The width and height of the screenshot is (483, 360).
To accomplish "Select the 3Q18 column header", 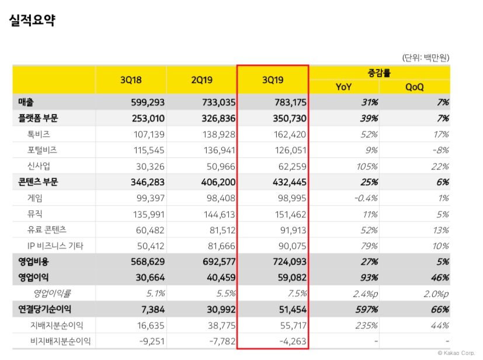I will [x=131, y=80].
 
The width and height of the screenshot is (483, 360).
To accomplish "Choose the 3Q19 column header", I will [x=273, y=80].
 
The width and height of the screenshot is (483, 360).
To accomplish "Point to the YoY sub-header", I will [x=344, y=87].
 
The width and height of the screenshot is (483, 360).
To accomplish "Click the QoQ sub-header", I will [x=415, y=87].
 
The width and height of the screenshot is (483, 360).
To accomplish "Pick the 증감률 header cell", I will [x=380, y=72].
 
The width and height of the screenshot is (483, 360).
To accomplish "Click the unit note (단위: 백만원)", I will [x=425, y=57].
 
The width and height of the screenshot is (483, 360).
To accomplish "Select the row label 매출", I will [x=26, y=102].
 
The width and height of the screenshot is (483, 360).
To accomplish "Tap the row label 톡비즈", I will [x=39, y=134].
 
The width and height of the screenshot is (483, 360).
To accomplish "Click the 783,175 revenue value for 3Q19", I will [x=290, y=102].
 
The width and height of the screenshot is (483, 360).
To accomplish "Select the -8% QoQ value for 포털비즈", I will [x=439, y=150].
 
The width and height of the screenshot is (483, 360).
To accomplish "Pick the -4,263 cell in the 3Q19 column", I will [x=292, y=341].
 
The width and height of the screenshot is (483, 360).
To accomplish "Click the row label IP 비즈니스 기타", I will [x=55, y=245].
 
